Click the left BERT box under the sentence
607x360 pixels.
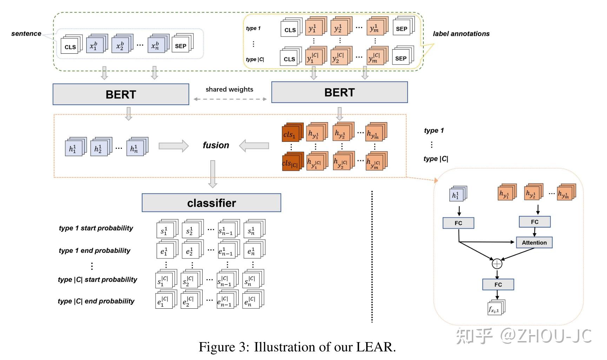coord(121,94)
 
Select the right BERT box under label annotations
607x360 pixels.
coord(339,92)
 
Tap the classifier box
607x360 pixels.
coord(211,203)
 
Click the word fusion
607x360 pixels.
coord(216,145)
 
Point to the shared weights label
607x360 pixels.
coord(229,89)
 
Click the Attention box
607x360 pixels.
coord(534,242)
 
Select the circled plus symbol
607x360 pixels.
coord(497,263)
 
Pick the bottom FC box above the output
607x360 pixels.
coord(498,284)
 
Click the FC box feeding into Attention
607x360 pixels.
coord(534,222)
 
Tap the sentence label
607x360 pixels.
coord(26,34)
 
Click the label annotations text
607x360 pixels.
coord(461,34)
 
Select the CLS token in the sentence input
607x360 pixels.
coord(70,47)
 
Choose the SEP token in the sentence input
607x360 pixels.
coord(181,46)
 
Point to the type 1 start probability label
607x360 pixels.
coord(96,228)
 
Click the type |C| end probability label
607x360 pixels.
coord(96,301)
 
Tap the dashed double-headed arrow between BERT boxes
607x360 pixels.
coord(230,99)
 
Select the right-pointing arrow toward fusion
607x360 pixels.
coord(173,146)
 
